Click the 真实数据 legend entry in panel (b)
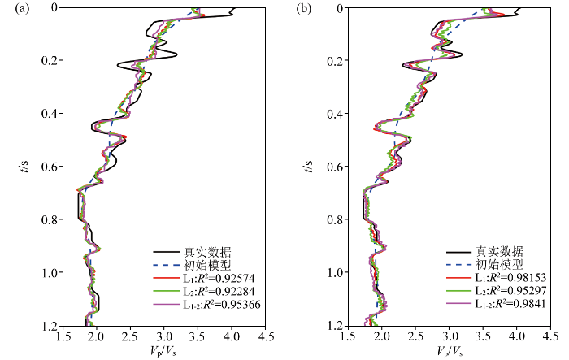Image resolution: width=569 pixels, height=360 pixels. pos(499,251)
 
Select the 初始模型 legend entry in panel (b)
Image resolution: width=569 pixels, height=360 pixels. pos(499,265)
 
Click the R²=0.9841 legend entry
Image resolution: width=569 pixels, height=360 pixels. pos(509,304)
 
